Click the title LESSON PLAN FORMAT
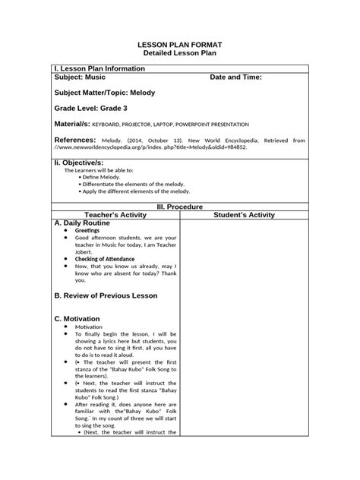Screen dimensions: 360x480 [180, 46]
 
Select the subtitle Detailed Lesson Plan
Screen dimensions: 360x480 [180, 55]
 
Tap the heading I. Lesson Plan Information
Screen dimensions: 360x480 [103, 68]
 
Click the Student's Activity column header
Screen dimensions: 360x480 [244, 215]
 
